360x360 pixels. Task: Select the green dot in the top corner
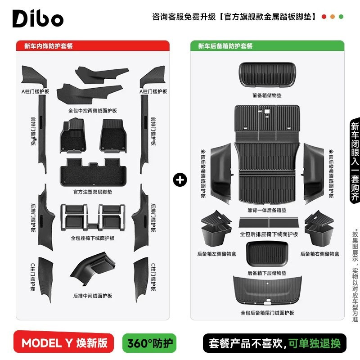click(x=341, y=17)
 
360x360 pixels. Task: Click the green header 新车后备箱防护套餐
click(x=225, y=46)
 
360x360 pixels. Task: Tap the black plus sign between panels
click(x=180, y=180)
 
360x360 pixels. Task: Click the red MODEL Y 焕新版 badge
click(x=65, y=343)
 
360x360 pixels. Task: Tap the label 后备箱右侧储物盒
click(x=319, y=254)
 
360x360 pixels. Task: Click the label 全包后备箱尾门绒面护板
click(x=267, y=312)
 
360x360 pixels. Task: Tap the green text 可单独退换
click(x=315, y=343)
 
